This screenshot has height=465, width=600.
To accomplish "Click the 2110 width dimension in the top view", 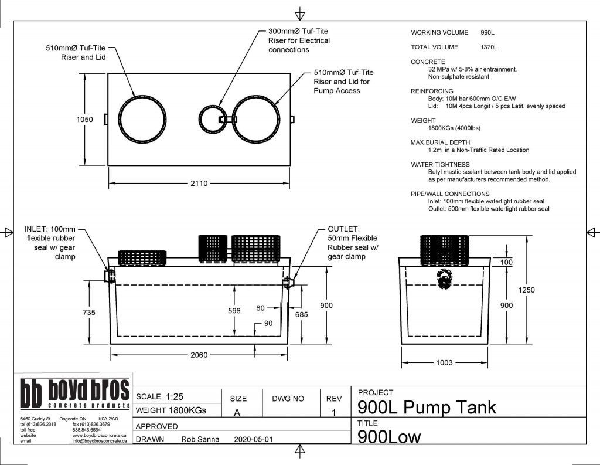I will click(199, 184).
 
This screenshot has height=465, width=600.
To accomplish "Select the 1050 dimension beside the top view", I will click(85, 119).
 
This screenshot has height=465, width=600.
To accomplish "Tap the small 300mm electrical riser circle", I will click(210, 120).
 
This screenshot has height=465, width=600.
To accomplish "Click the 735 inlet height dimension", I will click(88, 313).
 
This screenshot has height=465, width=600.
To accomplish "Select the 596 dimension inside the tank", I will click(234, 311).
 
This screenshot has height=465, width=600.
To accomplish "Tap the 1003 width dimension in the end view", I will click(444, 362).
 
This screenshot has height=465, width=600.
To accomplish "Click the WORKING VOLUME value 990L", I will click(487, 32).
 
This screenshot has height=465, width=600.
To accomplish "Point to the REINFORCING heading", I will click(432, 91).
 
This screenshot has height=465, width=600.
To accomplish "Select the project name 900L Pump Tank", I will click(427, 407).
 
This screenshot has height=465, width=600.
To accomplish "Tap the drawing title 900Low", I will click(389, 437).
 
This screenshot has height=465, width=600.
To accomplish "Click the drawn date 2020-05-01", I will click(253, 439).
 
